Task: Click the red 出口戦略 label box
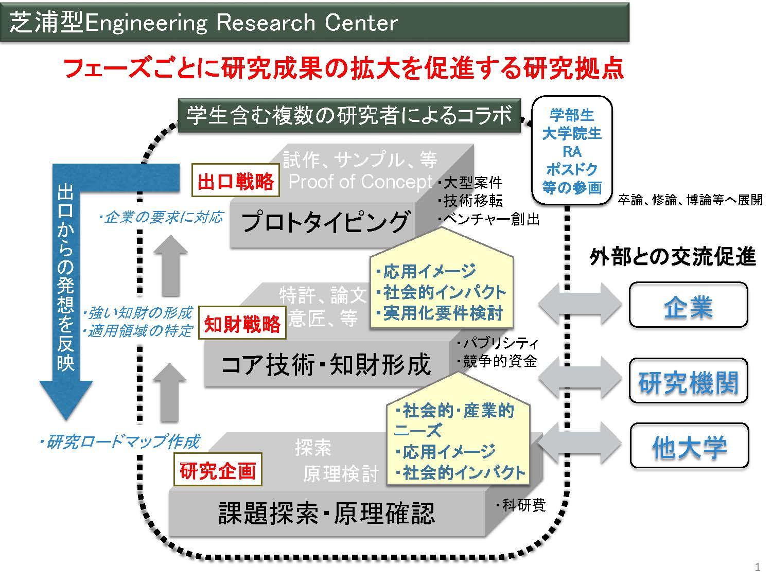tap(235, 180)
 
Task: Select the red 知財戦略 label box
tap(242, 323)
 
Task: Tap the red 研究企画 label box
tap(218, 469)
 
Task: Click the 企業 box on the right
tap(688, 305)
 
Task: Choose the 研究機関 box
tap(688, 381)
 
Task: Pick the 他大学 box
tap(689, 446)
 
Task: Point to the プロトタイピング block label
tap(325, 222)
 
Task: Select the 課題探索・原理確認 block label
tap(326, 513)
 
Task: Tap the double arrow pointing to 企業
tap(580, 304)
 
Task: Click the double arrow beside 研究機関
tap(580, 378)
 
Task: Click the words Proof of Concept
tap(360, 182)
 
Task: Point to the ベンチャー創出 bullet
tap(489, 219)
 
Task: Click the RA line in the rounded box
tap(572, 152)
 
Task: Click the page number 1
tap(758, 567)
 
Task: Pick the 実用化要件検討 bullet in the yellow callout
tap(440, 313)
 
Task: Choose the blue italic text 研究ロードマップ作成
tap(119, 441)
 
